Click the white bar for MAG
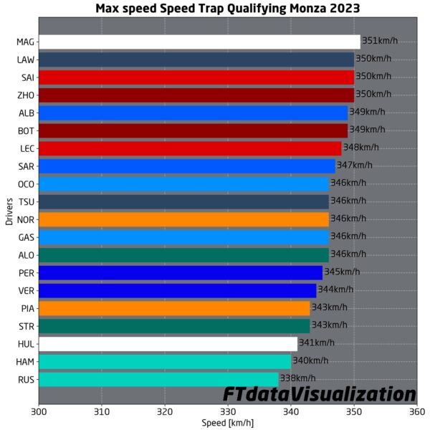pyautogui.click(x=199, y=42)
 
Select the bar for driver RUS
pyautogui.click(x=158, y=378)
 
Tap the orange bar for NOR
pyautogui.click(x=183, y=219)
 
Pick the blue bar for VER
pyautogui.click(x=177, y=290)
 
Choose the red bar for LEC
pyautogui.click(x=190, y=148)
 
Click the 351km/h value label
pyautogui.click(x=380, y=42)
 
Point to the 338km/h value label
pyautogui.click(x=297, y=378)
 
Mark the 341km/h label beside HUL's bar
pyautogui.click(x=317, y=343)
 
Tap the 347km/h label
pyautogui.click(x=354, y=166)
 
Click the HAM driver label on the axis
pyautogui.click(x=25, y=361)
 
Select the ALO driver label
pyautogui.click(x=25, y=254)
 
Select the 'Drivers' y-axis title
pyautogui.click(x=9, y=211)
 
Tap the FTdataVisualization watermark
pyautogui.click(x=319, y=393)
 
